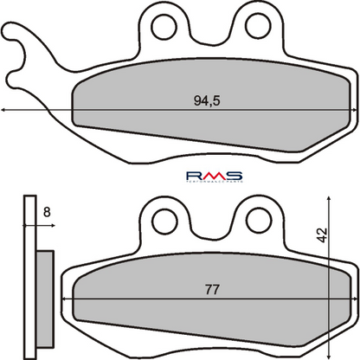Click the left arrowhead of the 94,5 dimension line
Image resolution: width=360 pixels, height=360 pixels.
[6, 110]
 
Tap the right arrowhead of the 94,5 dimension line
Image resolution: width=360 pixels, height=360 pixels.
[355, 110]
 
